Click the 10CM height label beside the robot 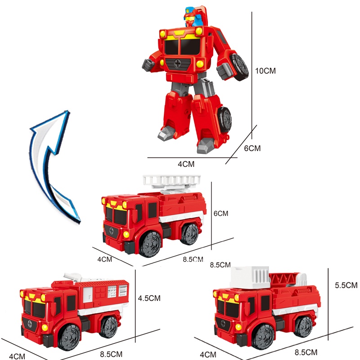pos(265,71)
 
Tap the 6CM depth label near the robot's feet pos(252,148)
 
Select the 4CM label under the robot pos(186,164)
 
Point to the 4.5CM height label pos(149,298)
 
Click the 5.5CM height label pos(346,285)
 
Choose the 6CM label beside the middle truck pos(221,213)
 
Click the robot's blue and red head pos(193,17)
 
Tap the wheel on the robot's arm pos(240,67)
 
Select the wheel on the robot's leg pos(224,120)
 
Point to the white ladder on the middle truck pos(171,181)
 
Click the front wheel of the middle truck pos(151,244)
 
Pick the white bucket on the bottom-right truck pos(250,277)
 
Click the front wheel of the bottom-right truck pos(263,336)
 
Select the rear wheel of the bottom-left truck pos(108,327)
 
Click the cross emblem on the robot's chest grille pos(177,63)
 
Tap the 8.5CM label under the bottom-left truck pos(111,354)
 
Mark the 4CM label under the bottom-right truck pos(208,355)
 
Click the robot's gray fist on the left pos(148,65)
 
